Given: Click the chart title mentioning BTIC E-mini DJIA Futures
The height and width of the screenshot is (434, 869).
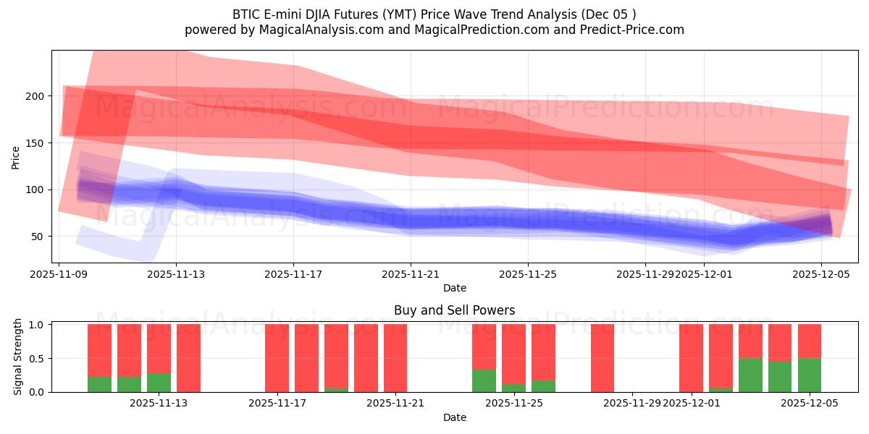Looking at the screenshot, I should click(x=434, y=14).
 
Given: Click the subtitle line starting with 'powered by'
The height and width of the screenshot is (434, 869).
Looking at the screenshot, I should click(x=434, y=30).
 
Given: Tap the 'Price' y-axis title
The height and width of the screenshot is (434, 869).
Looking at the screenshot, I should click(x=16, y=157).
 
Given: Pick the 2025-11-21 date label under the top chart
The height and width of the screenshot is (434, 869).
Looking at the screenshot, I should click(x=411, y=274).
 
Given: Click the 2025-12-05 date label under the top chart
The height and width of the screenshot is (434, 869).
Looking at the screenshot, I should click(x=821, y=274).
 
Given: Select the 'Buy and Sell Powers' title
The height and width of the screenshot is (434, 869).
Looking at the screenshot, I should click(x=455, y=310).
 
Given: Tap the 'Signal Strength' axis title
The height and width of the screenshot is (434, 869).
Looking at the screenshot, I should click(x=18, y=357).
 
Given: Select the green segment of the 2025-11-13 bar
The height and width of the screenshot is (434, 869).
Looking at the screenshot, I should click(x=159, y=383).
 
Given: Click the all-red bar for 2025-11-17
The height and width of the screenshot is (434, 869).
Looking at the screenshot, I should click(x=277, y=358).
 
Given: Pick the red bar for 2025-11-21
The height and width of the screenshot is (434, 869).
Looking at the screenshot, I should click(x=395, y=358).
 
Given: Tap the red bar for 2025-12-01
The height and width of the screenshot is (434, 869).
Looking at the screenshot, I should click(x=691, y=358).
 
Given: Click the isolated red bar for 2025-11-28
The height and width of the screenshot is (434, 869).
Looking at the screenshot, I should click(x=603, y=358).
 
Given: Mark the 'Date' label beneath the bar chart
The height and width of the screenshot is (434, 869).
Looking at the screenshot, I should click(x=455, y=417).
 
